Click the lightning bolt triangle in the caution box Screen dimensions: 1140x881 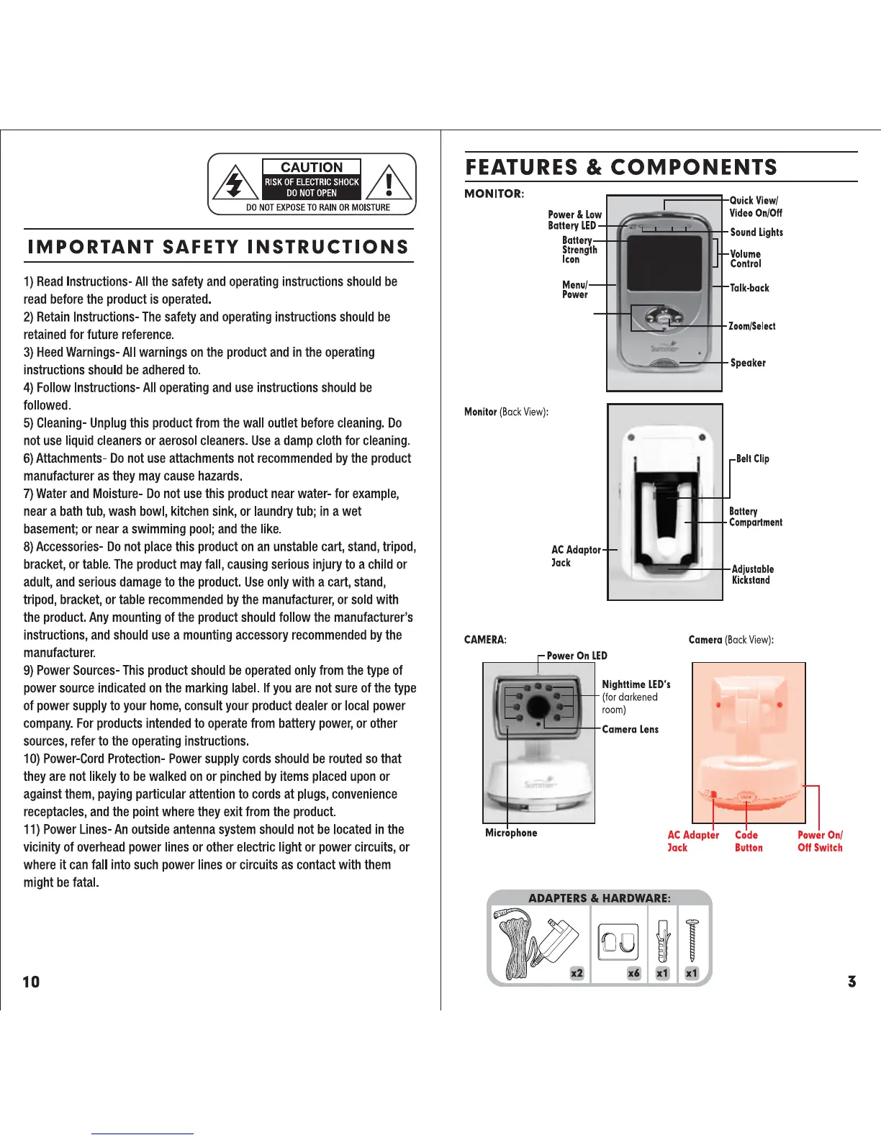[235, 184]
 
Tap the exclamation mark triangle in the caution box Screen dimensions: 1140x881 [389, 184]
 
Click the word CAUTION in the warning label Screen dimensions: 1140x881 [312, 167]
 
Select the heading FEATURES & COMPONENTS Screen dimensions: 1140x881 [621, 168]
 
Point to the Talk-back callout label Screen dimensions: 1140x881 [749, 288]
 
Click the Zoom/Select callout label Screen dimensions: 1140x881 [752, 326]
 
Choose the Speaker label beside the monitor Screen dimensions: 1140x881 [748, 363]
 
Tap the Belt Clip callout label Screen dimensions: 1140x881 [752, 458]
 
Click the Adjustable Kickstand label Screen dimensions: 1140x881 [752, 574]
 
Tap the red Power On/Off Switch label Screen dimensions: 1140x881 [820, 841]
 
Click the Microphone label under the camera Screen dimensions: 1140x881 [511, 833]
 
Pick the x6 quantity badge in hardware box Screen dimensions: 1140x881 [633, 973]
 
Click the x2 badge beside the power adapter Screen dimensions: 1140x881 [577, 973]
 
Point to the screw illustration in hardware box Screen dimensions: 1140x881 [692, 939]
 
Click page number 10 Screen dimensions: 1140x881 [31, 982]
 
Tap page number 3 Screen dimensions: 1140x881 [851, 982]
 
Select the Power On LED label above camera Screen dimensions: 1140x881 [577, 656]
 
